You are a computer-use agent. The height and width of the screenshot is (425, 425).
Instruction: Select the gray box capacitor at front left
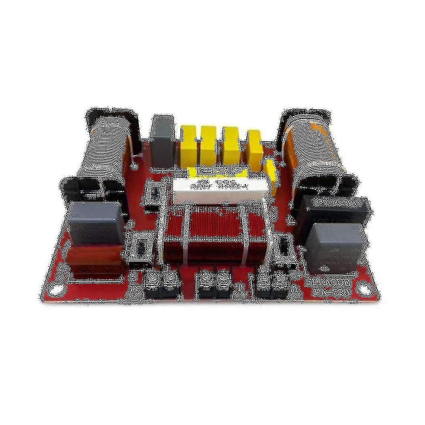[96, 223]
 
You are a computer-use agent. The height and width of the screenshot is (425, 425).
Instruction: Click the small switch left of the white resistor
[152, 194]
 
